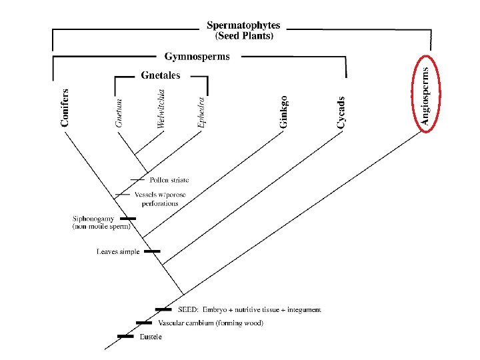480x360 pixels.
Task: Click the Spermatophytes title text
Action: pos(243,25)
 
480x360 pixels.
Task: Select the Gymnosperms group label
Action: pos(197,57)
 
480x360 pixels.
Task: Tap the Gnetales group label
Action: pos(161,76)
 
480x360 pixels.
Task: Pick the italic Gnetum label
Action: pos(119,112)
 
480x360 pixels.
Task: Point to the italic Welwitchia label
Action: pos(160,109)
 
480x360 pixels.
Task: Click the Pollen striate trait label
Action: pos(169,180)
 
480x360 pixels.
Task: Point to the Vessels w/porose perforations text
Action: pos(160,199)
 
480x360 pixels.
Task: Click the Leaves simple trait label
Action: pos(118,252)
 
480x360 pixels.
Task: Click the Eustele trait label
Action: pos(151,337)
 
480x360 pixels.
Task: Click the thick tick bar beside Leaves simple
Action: pos(153,251)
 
